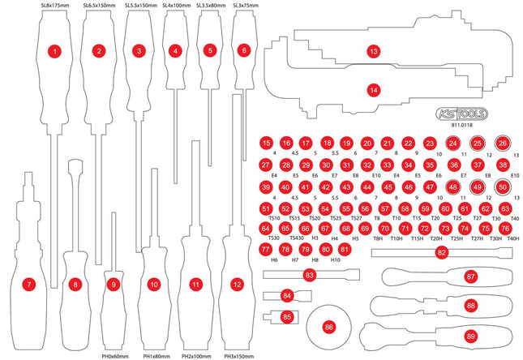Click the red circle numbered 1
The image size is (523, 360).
[54, 51]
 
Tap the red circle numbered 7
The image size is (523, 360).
[29, 285]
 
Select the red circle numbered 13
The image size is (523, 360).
[373, 51]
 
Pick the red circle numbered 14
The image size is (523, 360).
[373, 91]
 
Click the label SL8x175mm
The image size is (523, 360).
[54, 6]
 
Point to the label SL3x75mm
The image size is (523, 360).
[246, 6]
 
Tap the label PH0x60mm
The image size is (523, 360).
[116, 355]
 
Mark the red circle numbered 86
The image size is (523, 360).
[328, 327]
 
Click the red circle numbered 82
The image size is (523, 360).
[442, 253]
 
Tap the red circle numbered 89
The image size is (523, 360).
[470, 335]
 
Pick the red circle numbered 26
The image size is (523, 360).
[503, 144]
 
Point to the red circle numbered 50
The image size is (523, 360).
[503, 187]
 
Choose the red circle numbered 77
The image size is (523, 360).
[266, 250]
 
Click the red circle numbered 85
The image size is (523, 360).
[287, 315]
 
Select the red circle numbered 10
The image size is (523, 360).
[154, 285]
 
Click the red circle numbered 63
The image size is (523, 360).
[505, 208]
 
